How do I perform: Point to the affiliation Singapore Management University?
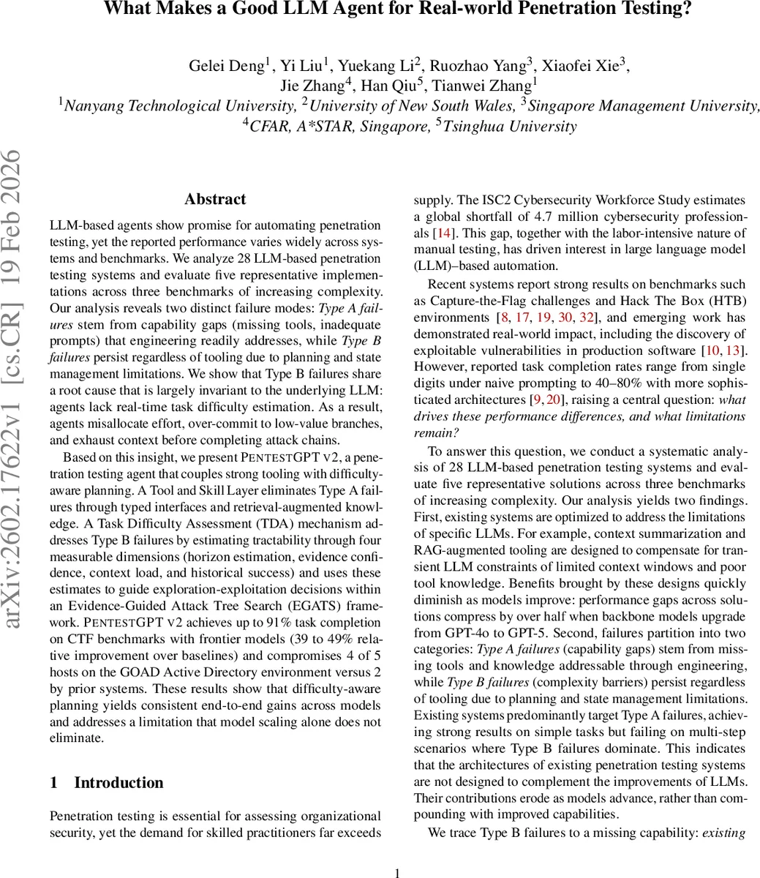[644, 106]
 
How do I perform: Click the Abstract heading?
[215, 199]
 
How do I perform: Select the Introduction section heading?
[118, 782]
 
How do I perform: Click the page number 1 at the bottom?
[397, 872]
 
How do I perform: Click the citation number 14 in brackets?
[443, 233]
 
